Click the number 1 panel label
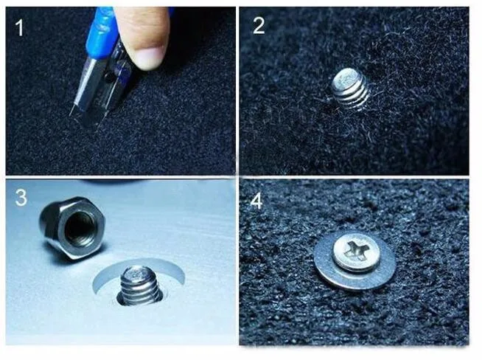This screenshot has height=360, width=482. [x=20, y=27]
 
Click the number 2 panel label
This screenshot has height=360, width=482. [x=259, y=26]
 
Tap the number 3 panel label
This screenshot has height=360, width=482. [x=21, y=198]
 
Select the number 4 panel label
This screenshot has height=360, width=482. [x=256, y=202]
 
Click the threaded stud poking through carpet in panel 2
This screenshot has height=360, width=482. [x=350, y=87]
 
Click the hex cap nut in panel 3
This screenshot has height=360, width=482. [x=72, y=228]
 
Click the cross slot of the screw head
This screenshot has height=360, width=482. [x=354, y=248]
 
